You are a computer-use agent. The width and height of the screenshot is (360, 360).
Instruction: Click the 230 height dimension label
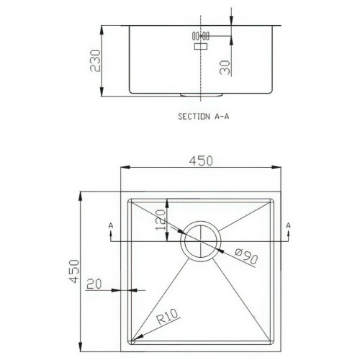coord(95,60)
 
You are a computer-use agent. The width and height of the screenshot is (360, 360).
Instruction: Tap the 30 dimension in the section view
coord(225,68)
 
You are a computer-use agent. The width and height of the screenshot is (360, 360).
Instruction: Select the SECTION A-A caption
coord(204,117)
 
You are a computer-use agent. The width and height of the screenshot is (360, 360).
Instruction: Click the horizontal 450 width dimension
coord(201,161)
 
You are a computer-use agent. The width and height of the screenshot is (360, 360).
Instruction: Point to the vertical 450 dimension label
coord(74,271)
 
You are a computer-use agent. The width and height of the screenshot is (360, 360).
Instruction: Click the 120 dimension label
coord(161,220)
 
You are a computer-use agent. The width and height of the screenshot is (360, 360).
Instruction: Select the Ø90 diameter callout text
coord(246,256)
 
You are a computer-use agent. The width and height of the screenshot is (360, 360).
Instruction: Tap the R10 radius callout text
coord(167,316)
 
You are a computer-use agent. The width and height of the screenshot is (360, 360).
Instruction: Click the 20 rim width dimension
coord(94,284)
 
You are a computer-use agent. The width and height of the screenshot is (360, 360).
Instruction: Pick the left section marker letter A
coord(111,225)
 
